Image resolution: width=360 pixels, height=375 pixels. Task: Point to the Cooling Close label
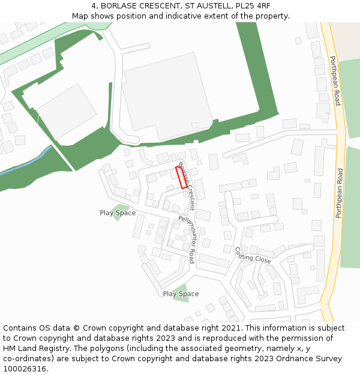click(x=253, y=256)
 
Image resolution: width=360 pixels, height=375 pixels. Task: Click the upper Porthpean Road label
click(x=335, y=80)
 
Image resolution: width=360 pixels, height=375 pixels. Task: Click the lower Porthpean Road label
click(x=339, y=193)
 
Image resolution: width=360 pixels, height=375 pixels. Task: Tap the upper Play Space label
click(x=118, y=213)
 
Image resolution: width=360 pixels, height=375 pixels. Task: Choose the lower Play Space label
click(x=181, y=294)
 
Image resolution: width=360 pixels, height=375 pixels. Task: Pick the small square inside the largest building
click(x=194, y=125)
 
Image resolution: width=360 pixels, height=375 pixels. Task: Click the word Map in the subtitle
click(x=80, y=16)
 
